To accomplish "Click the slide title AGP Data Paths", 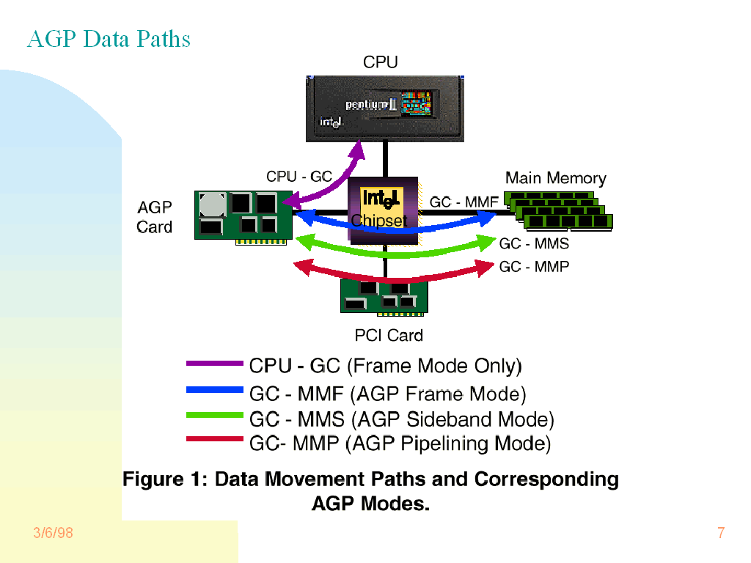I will [x=109, y=39].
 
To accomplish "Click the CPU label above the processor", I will [x=381, y=63].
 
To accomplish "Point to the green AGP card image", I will [x=244, y=215].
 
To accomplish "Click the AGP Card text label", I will [x=155, y=217].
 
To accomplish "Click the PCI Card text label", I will [x=389, y=336].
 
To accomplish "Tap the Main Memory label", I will [x=556, y=178].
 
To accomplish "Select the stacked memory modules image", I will [x=560, y=211].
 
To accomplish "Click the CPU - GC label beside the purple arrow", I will [x=299, y=177].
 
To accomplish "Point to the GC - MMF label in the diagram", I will [x=464, y=202].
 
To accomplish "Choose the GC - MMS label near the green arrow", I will [x=534, y=243].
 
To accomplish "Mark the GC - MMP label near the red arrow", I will [x=534, y=267].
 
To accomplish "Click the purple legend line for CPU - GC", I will [x=215, y=363].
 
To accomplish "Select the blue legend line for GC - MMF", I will [x=215, y=390].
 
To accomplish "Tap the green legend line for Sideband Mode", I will [x=215, y=415].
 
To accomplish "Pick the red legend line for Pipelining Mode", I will [x=215, y=439].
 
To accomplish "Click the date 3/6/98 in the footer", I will [x=54, y=533].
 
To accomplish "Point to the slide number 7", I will [x=721, y=533].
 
